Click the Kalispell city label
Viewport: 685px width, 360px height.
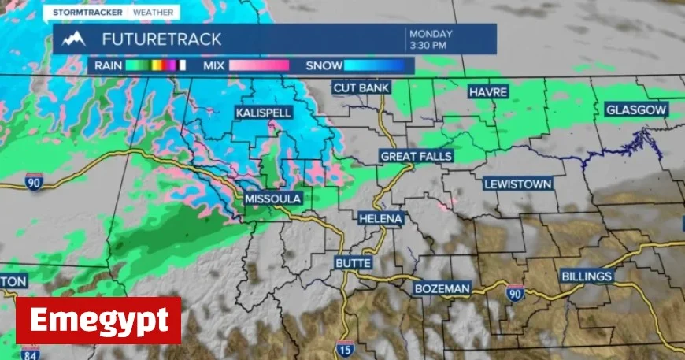point(264,113)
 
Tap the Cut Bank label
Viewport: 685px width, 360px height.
point(361,87)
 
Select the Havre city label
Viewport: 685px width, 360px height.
point(488,91)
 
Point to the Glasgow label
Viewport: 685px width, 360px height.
point(636,110)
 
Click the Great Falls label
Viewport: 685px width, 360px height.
point(416,156)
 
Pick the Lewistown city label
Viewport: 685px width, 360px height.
point(518,184)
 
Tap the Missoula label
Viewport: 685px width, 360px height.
point(273,199)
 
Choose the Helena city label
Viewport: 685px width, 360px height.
point(381,217)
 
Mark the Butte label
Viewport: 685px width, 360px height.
point(353,262)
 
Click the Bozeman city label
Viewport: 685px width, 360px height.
point(442,289)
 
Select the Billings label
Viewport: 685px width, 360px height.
point(587,276)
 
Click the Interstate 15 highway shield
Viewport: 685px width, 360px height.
point(344,349)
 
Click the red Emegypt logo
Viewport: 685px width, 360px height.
point(98,321)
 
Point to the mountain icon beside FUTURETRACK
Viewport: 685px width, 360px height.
point(74,39)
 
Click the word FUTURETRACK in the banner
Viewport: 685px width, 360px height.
point(161,39)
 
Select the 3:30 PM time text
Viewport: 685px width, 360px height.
point(428,45)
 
